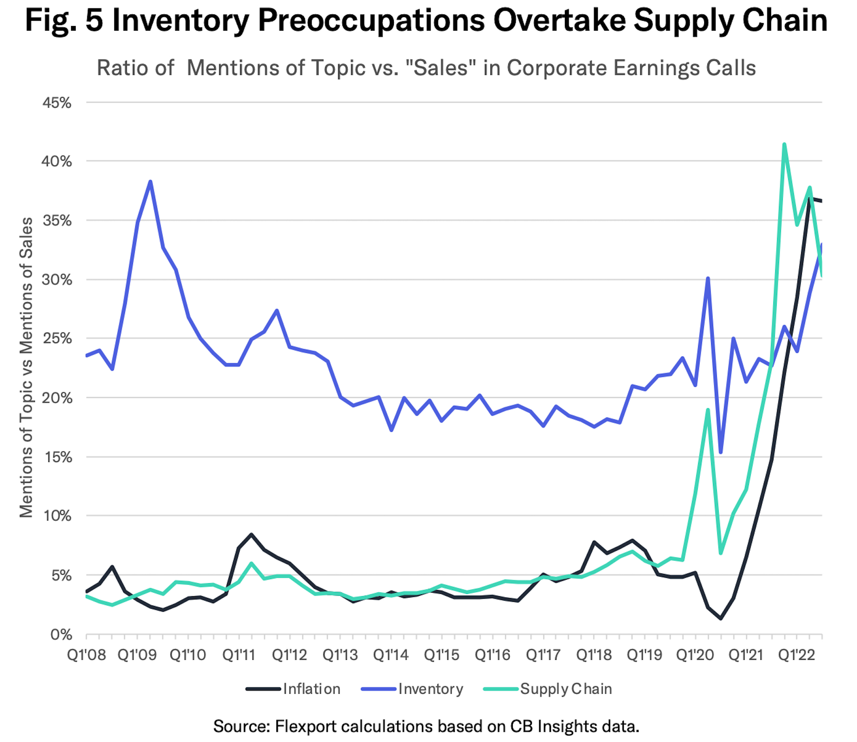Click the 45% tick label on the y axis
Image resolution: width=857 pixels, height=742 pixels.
click(57, 103)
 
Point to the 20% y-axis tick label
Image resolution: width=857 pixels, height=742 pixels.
click(57, 398)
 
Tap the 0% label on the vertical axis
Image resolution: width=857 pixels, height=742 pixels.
click(61, 635)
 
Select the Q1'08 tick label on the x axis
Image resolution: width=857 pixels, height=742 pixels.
click(86, 655)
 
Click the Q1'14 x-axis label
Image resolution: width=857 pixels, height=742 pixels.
click(391, 655)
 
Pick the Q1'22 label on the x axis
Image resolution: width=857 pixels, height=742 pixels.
click(797, 655)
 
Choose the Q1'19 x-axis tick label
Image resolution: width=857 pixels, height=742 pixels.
click(644, 655)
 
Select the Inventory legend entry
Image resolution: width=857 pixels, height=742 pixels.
click(431, 689)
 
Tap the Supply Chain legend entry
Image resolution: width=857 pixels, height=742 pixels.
click(566, 689)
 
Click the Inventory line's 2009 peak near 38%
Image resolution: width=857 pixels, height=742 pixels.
click(150, 182)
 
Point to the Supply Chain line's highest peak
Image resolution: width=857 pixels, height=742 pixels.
click(784, 144)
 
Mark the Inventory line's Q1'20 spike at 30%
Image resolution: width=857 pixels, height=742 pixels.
click(708, 279)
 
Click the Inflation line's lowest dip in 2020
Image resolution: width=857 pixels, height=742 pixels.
click(720, 618)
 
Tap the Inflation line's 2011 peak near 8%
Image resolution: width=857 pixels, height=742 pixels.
click(251, 534)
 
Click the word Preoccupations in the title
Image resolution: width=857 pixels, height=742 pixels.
click(371, 20)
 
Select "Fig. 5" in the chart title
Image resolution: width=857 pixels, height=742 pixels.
click(64, 20)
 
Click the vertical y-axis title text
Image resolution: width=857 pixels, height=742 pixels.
click(26, 367)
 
